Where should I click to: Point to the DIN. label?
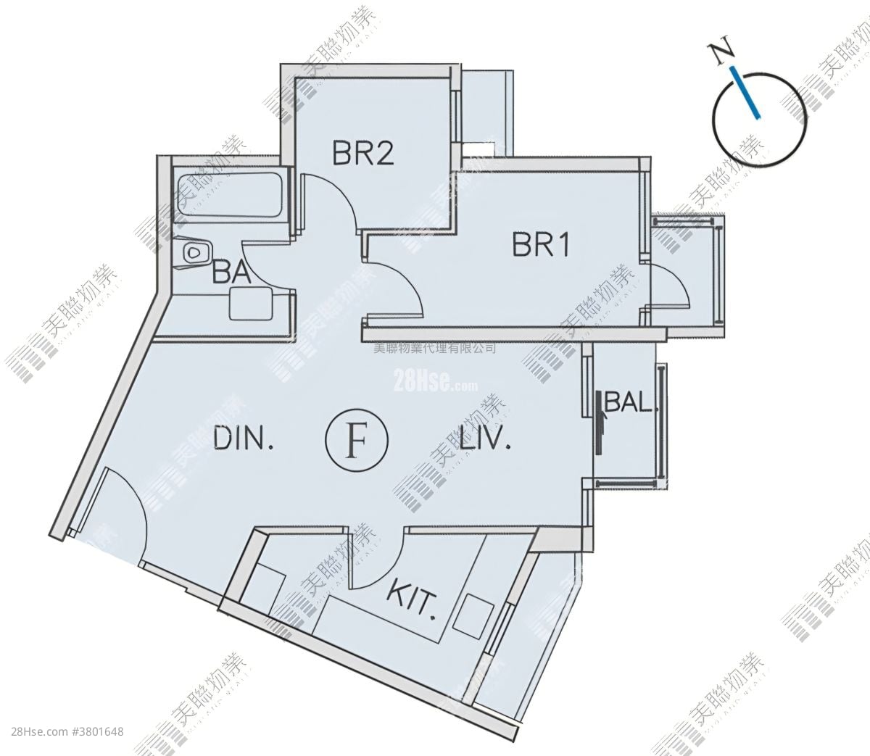point(244,438)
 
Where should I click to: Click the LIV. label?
point(486,438)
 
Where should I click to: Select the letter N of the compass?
point(720,54)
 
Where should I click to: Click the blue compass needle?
point(746,93)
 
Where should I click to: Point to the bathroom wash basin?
point(252,304)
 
